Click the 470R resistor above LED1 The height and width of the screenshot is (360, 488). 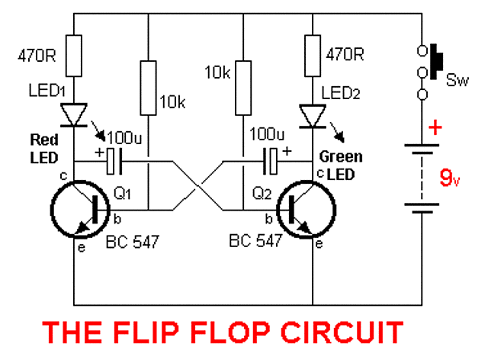[75, 56]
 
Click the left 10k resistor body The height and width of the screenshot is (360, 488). [146, 83]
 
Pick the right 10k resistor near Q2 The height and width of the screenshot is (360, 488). [242, 83]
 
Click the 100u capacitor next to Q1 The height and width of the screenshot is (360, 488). [114, 161]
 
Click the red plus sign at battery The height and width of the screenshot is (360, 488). [435, 127]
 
